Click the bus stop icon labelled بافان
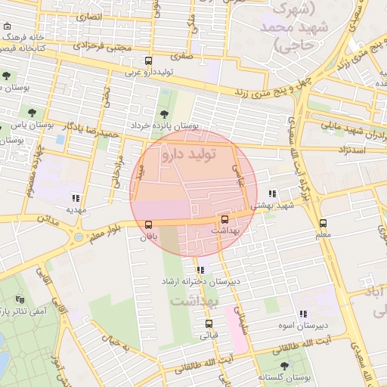(147, 224)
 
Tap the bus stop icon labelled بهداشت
(225, 219)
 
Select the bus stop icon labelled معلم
(323, 223)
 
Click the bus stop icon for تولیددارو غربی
(147, 61)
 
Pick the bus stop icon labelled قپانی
(209, 324)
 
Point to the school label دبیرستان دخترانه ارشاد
(200, 281)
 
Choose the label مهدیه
(76, 209)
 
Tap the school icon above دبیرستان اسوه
(303, 314)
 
